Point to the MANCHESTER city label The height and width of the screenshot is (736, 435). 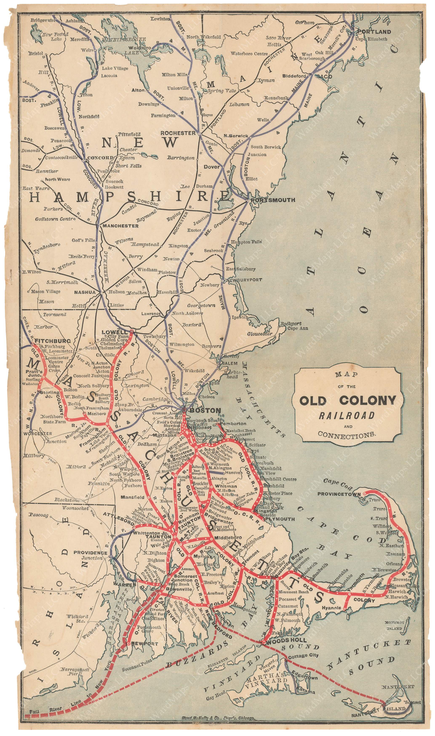120,226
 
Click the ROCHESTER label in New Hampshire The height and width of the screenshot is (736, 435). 178,133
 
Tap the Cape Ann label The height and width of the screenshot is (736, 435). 297,328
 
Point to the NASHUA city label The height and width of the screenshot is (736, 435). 85,292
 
